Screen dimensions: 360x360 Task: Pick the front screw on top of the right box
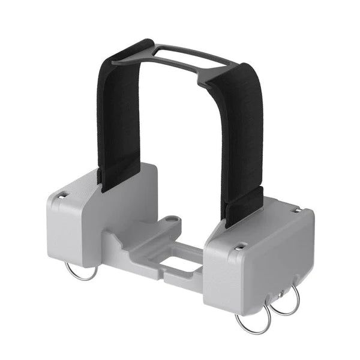pos(240,246)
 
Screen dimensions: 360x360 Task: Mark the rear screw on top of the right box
pos(296,210)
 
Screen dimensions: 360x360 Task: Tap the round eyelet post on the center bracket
pos(171,221)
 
